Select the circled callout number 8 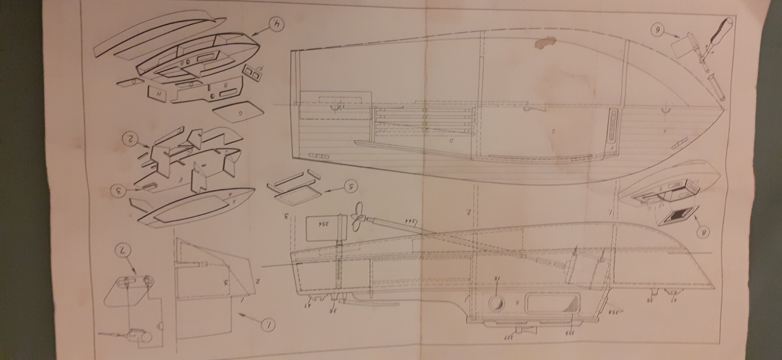[704, 233]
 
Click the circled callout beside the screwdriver [658, 30]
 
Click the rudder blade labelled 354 [319, 229]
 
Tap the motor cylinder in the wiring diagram [138, 335]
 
